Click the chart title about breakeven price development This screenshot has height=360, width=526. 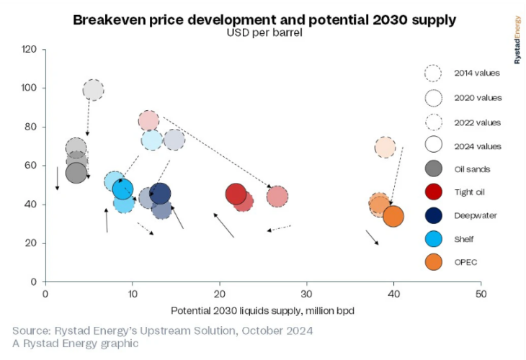264,19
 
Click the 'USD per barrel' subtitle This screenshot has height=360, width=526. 264,33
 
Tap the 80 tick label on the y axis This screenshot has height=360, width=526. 31,127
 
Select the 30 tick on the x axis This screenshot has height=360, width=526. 307,294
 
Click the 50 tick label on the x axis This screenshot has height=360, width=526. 481,294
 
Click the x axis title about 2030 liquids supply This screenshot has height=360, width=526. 264,310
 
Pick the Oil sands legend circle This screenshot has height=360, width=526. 433,169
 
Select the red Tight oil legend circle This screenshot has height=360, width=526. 433,192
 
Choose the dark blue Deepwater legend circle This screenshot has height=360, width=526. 433,215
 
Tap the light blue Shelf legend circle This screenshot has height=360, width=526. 433,238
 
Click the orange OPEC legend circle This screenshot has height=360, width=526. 433,262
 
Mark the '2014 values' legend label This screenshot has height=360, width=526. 476,73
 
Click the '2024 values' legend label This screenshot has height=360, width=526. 476,146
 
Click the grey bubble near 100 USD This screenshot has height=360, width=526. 94,90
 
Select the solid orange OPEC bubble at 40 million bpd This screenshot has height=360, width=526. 393,216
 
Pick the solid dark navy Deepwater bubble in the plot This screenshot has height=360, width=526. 160,194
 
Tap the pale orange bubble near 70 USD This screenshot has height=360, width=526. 385,148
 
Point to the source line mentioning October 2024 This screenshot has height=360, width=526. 162,330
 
